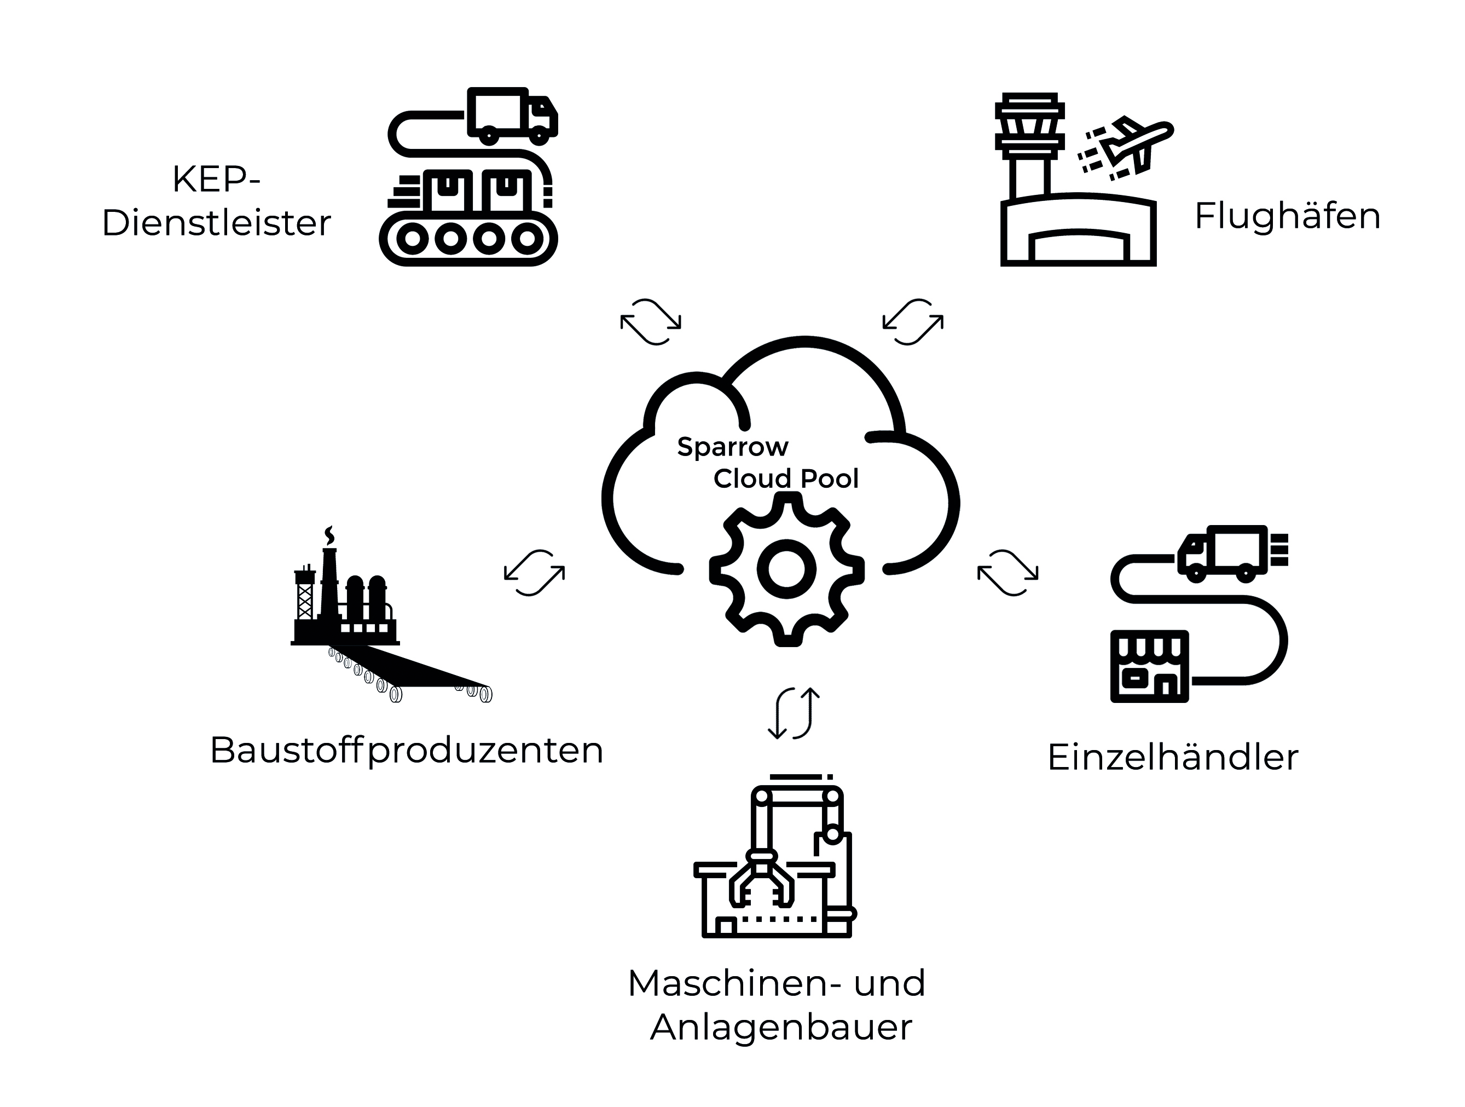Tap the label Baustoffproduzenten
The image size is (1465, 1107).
(x=407, y=751)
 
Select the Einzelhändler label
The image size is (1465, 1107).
(x=1173, y=757)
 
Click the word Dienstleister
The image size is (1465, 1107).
(x=217, y=223)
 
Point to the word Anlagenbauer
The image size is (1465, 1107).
(x=781, y=1028)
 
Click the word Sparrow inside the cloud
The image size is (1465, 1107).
(x=732, y=447)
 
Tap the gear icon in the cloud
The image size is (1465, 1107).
(x=787, y=570)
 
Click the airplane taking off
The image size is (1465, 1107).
(x=1126, y=148)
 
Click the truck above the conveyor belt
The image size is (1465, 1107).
(x=512, y=116)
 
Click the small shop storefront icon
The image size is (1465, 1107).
(x=1150, y=666)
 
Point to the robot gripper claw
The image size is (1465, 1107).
(x=761, y=879)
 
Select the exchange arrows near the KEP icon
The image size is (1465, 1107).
(x=650, y=322)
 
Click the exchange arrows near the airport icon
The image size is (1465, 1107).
(x=913, y=322)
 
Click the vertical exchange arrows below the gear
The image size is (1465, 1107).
(x=794, y=713)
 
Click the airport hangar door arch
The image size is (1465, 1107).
(x=1078, y=234)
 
